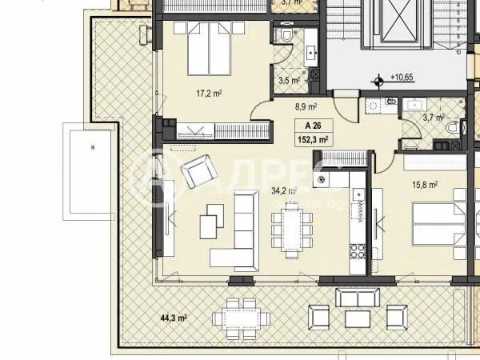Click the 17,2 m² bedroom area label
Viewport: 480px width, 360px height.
click(209, 94)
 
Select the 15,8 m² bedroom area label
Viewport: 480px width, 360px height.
click(424, 185)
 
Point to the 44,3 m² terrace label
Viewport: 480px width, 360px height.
click(173, 318)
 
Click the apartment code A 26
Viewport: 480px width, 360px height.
click(314, 126)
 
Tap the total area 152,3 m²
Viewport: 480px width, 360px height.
click(314, 138)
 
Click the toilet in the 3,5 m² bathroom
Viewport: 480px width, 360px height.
click(285, 38)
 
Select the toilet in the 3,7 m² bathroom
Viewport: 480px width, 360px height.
click(452, 128)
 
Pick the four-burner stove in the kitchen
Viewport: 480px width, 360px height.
click(357, 251)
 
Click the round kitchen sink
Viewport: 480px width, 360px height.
click(322, 180)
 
